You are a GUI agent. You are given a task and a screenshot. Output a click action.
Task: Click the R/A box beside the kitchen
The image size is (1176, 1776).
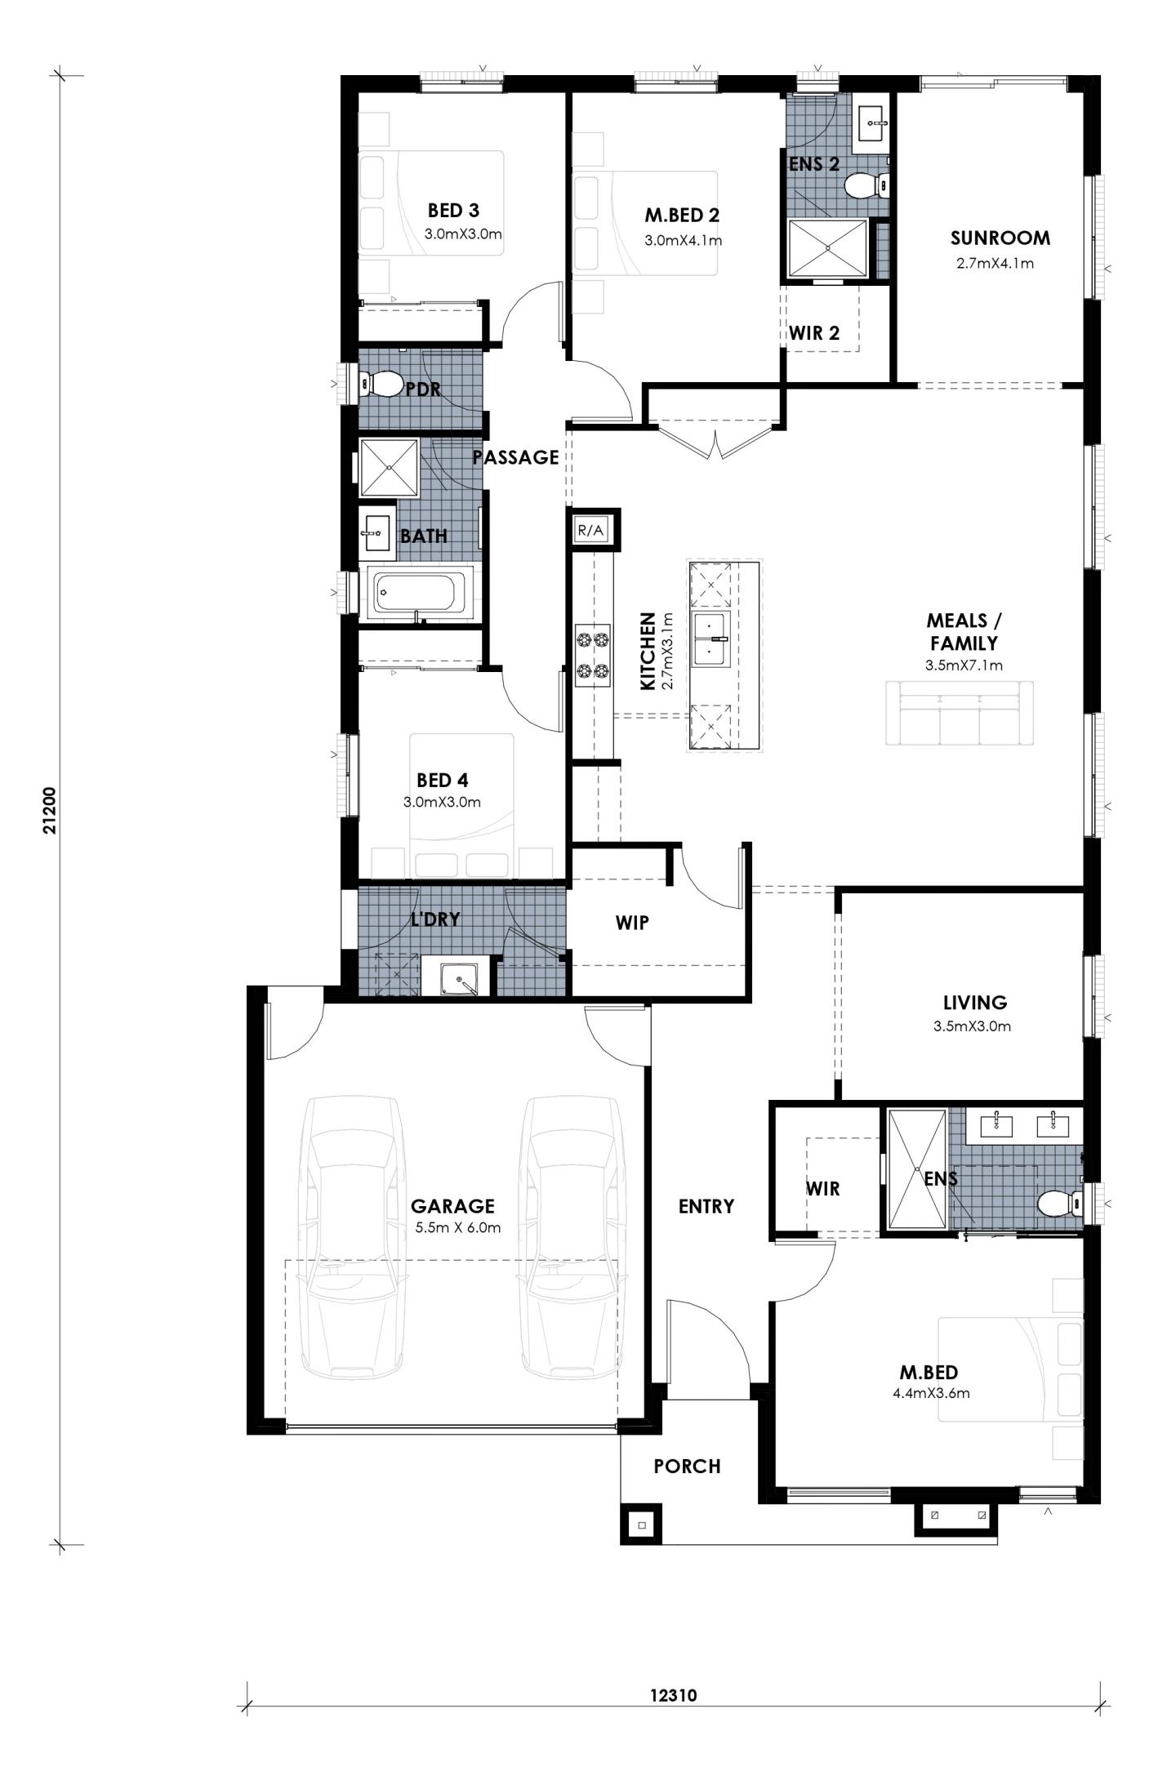coord(591,530)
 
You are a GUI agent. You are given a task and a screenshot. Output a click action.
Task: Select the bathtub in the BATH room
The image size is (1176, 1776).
coord(418,592)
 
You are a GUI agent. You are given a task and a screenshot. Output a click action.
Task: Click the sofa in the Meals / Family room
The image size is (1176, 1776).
coord(959,713)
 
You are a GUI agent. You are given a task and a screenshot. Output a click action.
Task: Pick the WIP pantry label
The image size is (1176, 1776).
coord(632,923)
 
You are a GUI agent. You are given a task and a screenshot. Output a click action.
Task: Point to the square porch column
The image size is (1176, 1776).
coord(642,1525)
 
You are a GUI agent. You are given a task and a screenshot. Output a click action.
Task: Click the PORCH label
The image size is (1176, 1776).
coord(687,1467)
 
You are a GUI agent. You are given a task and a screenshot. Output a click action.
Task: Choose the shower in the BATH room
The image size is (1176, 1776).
coord(389,467)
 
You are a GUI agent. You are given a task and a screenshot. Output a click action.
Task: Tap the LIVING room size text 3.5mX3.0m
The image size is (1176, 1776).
coord(972,1026)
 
